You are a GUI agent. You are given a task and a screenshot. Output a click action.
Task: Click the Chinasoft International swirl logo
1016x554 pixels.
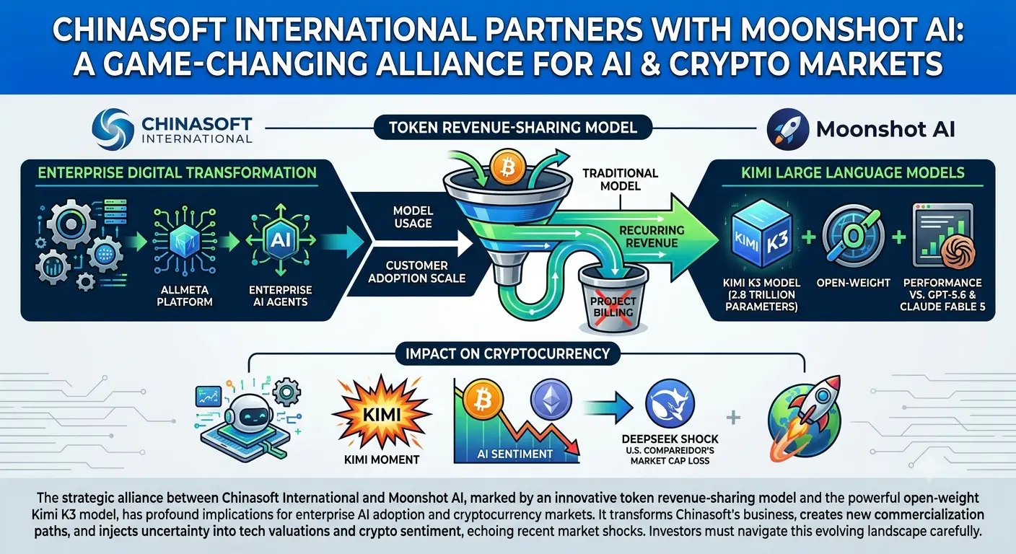(113, 128)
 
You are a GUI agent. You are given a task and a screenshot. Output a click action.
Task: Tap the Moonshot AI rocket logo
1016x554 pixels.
(787, 129)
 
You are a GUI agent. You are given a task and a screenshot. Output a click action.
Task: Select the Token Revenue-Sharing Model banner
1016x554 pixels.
(513, 128)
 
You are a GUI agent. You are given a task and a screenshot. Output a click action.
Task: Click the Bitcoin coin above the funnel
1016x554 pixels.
(508, 167)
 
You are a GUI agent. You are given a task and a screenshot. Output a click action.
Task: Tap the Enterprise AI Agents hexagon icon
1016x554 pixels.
(280, 239)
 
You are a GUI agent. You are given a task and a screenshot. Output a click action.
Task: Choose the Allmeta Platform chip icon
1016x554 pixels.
(184, 239)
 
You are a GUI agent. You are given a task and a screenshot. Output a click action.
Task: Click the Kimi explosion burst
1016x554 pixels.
(382, 413)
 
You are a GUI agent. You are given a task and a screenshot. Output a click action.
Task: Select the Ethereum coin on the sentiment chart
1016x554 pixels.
(551, 398)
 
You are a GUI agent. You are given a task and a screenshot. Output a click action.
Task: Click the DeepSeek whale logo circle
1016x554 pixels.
(670, 403)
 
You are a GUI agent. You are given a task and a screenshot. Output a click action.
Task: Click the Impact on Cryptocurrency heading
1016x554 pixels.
(507, 353)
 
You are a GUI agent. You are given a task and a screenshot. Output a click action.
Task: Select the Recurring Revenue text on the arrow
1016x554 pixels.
(652, 236)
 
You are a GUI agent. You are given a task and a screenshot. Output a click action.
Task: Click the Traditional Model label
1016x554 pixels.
(620, 180)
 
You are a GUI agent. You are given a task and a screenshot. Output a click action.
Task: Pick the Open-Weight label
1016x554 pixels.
(853, 283)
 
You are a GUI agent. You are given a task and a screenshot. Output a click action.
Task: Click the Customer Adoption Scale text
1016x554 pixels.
(417, 271)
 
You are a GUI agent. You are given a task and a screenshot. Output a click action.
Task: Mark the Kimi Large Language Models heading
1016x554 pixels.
(853, 172)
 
